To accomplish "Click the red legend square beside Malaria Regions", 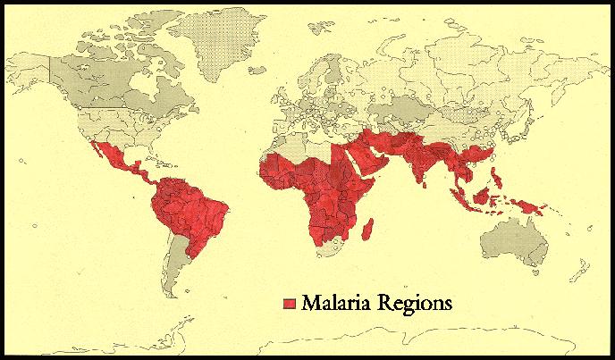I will click(289, 304).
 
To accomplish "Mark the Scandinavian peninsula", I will click(308, 63).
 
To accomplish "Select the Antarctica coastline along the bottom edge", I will click(358, 344).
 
